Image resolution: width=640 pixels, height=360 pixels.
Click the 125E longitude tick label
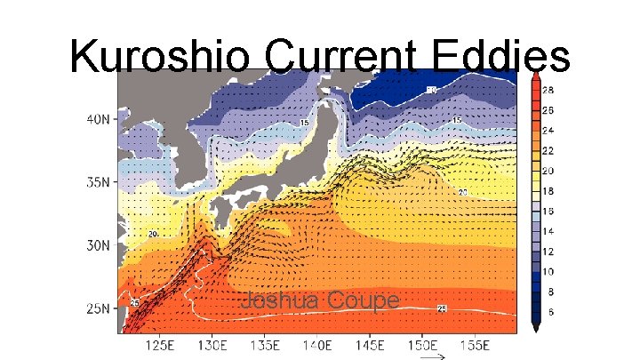pos(159,344)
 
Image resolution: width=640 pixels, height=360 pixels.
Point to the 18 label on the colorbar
pos(550,191)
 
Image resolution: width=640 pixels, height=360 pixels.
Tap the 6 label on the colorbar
pos(549,311)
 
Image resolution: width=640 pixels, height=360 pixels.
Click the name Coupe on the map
pos(362,301)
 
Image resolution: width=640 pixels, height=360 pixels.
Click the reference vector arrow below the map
pos(432,357)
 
